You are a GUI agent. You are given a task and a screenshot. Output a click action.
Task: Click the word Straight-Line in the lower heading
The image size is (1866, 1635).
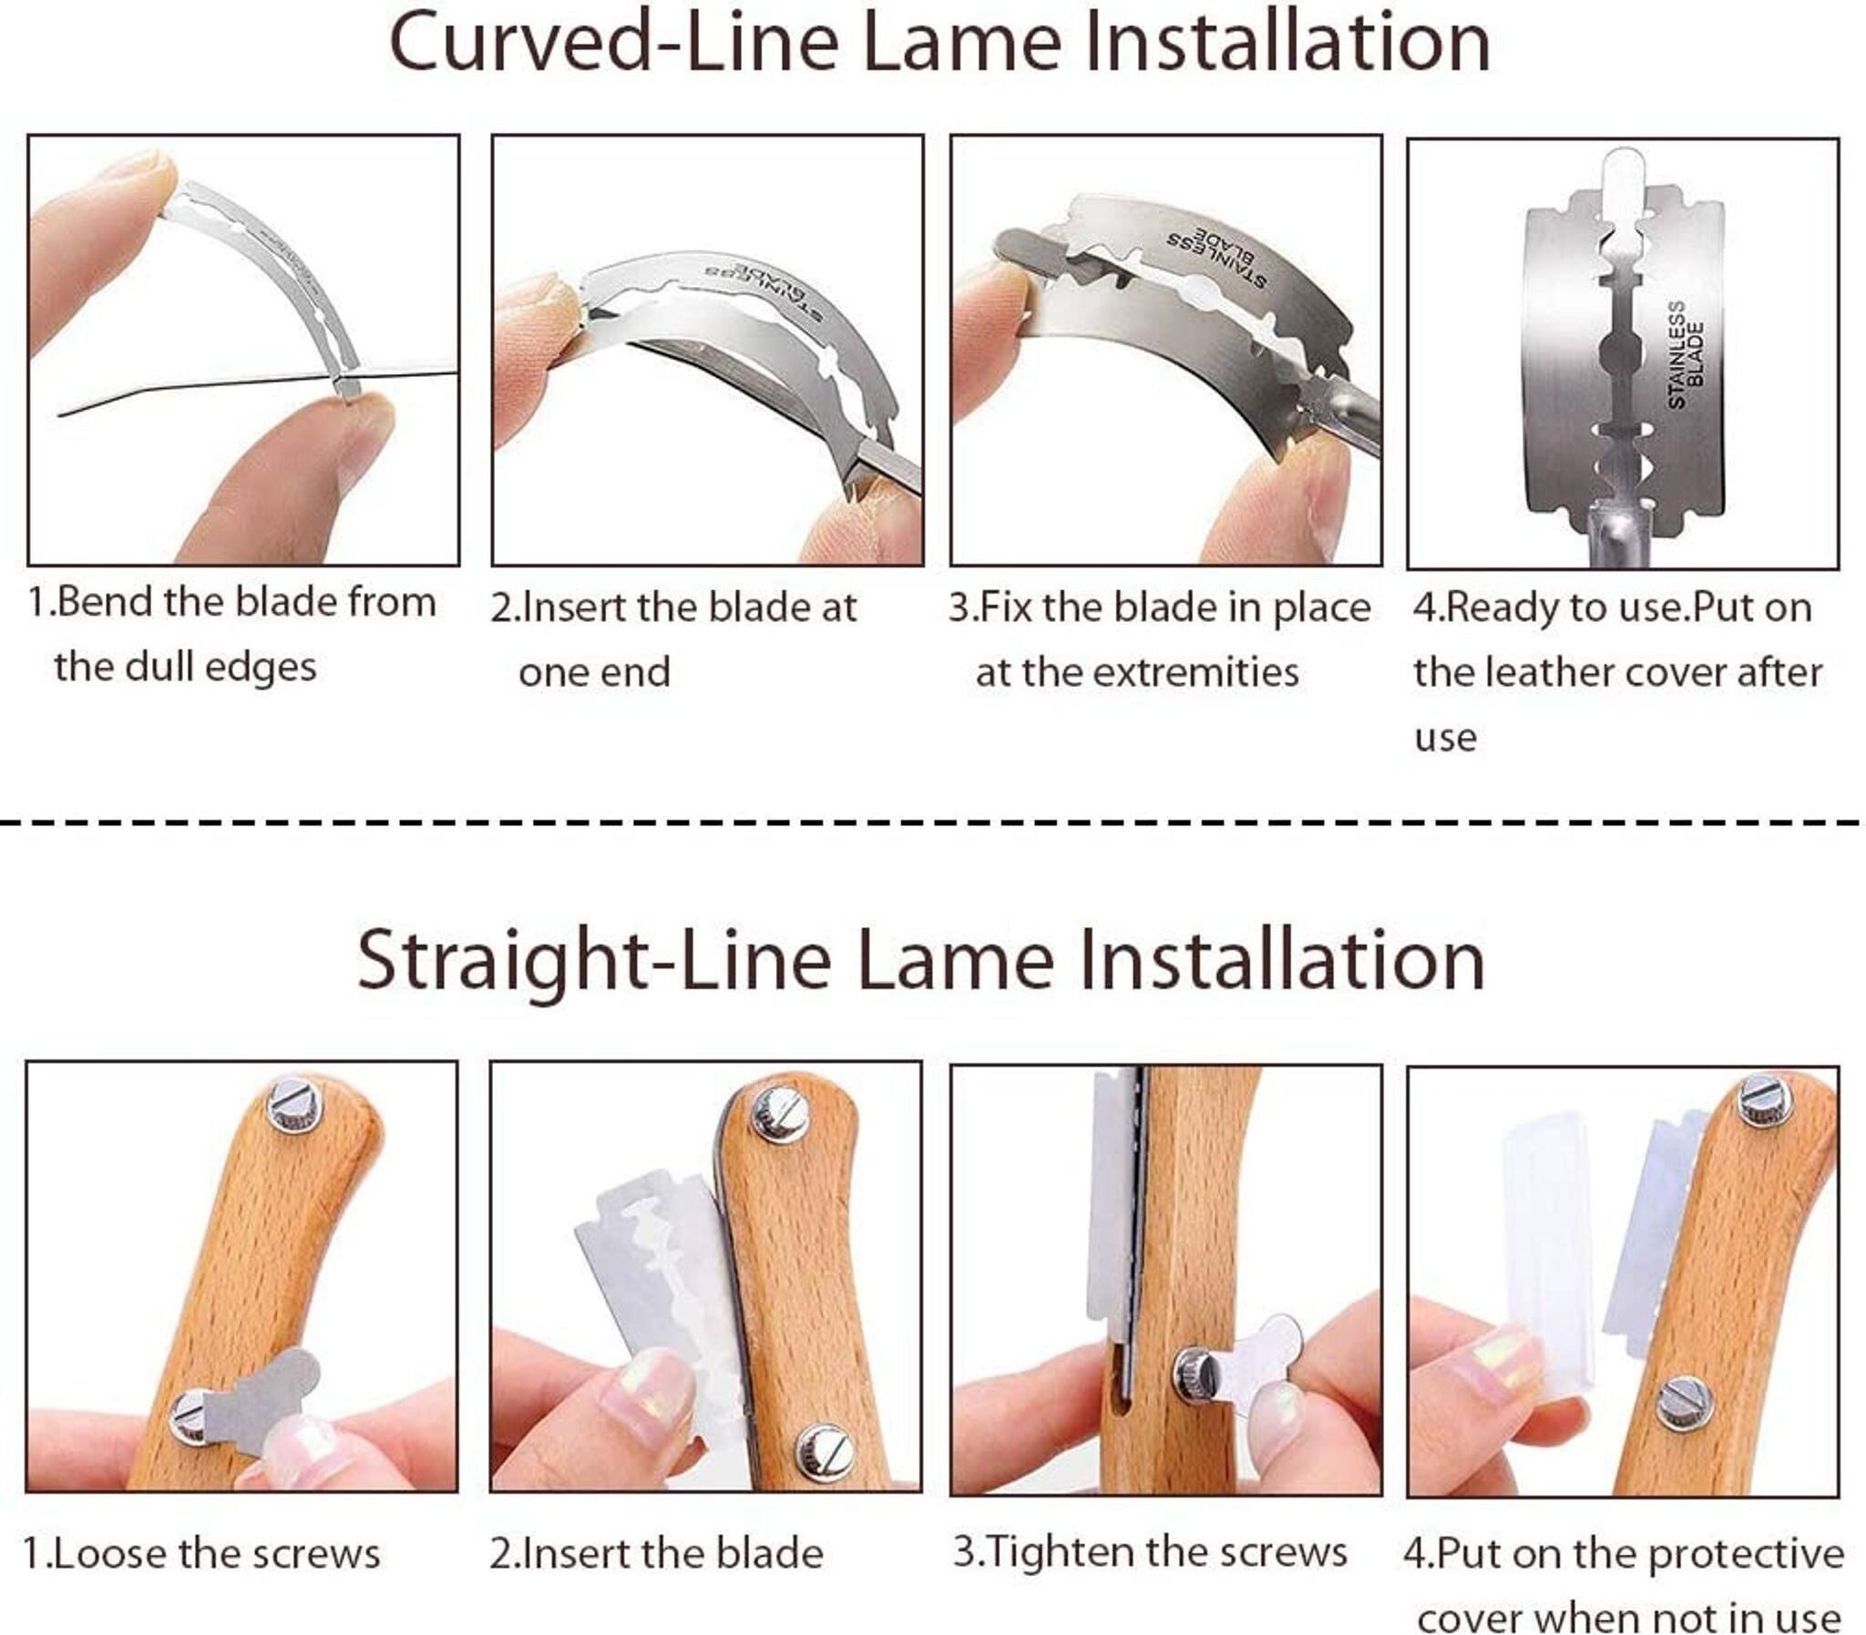595,962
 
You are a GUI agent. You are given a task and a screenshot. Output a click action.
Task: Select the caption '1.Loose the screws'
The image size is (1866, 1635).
200,1553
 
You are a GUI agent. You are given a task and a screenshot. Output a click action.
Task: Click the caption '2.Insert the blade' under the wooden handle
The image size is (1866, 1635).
656,1553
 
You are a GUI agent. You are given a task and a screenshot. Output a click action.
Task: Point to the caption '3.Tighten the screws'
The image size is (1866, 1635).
1150,1551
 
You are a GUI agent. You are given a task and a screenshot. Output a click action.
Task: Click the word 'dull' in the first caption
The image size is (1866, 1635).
160,667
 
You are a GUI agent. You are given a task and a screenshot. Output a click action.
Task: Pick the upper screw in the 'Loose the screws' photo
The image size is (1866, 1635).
294,1105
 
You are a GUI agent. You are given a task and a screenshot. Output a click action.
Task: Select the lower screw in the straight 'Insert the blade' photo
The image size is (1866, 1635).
823,1452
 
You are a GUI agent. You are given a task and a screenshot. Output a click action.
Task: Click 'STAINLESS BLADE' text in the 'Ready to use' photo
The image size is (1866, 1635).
1686,355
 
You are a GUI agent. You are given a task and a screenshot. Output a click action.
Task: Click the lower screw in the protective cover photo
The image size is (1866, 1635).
1685,1404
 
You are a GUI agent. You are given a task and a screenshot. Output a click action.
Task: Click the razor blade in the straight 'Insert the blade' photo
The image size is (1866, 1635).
655,1304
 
